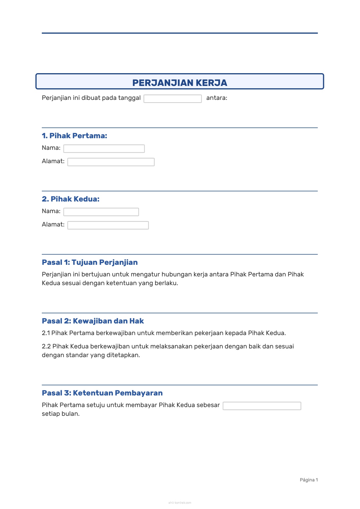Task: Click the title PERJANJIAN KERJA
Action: [180, 83]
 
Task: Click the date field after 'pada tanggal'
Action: [172, 99]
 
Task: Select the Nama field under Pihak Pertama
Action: [104, 149]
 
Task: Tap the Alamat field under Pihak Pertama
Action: [111, 162]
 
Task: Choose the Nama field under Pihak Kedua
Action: [101, 212]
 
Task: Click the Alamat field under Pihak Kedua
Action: [108, 225]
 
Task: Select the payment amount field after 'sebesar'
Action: [262, 406]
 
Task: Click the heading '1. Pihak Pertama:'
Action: [74, 136]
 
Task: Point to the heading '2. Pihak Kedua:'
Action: [71, 199]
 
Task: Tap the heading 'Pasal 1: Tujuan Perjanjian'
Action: [90, 262]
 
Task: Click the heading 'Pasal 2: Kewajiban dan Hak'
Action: [93, 321]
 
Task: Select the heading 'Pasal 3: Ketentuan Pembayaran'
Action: [102, 393]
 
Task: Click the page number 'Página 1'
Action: [309, 480]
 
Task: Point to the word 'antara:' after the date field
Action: [217, 98]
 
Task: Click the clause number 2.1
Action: [46, 333]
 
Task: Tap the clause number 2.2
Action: [46, 346]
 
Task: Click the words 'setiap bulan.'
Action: [61, 414]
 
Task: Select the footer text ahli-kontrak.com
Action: [180, 503]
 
